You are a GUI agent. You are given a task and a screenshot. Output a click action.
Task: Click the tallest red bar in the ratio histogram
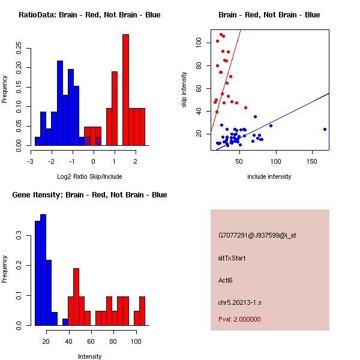click(125, 90)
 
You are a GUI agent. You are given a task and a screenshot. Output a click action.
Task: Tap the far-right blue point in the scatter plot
click(325, 129)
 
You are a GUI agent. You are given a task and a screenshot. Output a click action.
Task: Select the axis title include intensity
click(269, 176)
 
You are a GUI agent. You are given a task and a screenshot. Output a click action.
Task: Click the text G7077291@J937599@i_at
click(257, 235)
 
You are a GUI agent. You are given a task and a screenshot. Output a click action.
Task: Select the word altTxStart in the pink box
click(232, 258)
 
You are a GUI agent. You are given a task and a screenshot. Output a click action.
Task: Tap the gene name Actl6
click(225, 280)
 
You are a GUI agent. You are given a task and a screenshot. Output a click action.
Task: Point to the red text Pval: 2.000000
click(239, 319)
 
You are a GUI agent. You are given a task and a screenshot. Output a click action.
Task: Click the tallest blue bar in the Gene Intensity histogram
click(43, 270)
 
